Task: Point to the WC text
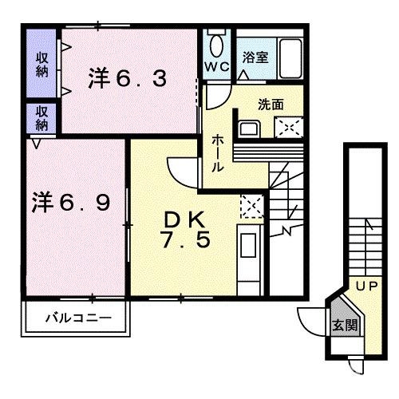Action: (x=218, y=66)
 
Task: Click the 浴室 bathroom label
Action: (x=255, y=57)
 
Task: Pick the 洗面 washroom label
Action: (x=271, y=104)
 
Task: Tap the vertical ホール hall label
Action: (x=216, y=154)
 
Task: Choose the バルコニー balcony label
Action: (x=77, y=318)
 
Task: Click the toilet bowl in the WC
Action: (x=218, y=44)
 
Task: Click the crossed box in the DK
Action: (x=251, y=207)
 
